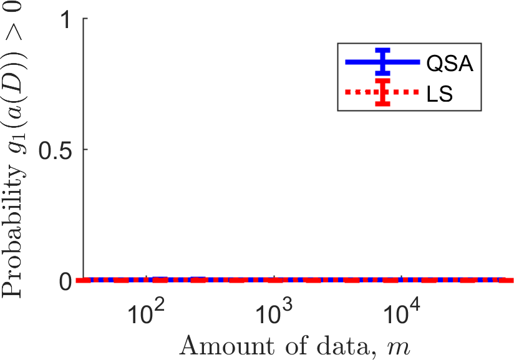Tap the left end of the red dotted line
pos(79,280)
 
